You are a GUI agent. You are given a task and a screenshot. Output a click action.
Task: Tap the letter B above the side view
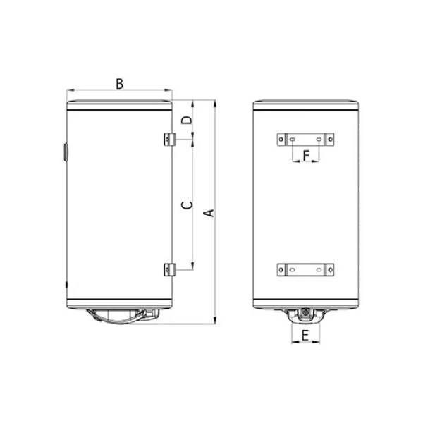pos(120,83)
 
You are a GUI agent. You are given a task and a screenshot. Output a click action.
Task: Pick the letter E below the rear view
pos(305,336)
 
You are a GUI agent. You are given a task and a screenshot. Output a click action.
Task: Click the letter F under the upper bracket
pos(305,154)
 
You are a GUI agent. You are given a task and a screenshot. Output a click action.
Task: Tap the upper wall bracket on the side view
pos(168,140)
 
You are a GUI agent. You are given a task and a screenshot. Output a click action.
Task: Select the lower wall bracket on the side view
pos(168,269)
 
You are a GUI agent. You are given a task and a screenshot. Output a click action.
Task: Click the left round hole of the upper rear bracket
pos(283,140)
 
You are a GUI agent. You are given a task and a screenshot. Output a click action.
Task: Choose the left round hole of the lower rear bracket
pos(283,269)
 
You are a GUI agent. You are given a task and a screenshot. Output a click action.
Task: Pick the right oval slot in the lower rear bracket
pos(318,269)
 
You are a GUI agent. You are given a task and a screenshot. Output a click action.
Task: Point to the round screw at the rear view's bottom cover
pos(305,312)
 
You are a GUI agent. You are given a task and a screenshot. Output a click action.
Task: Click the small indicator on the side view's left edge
pos(63,152)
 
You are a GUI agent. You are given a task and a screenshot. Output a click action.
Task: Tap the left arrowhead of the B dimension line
pos(68,90)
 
